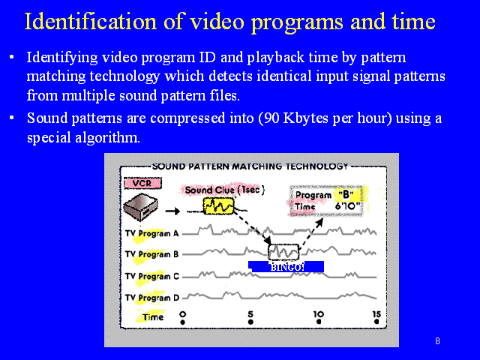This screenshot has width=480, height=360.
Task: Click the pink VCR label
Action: click(142, 183)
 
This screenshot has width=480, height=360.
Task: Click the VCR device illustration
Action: click(141, 206)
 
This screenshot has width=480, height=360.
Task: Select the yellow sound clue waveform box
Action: click(218, 205)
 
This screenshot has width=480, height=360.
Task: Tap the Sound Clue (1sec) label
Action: click(224, 190)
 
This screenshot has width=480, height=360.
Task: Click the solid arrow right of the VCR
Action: click(172, 211)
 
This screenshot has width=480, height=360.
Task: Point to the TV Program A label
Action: click(151, 233)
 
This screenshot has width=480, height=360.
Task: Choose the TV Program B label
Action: click(151, 254)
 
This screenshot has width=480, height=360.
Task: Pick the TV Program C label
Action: click(151, 277)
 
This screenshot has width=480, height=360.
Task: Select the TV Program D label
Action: click(151, 298)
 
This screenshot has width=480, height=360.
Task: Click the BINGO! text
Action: click(287, 267)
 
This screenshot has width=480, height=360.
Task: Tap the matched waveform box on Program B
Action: click(283, 252)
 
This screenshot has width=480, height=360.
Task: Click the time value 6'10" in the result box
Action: click(347, 206)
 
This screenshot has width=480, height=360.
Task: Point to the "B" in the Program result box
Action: click(346, 194)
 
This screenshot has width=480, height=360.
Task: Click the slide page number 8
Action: click(437, 341)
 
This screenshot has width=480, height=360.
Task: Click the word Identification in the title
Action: click(91, 22)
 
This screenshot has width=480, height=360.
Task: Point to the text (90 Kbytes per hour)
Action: click(325, 118)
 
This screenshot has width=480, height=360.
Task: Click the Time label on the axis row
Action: click(153, 317)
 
